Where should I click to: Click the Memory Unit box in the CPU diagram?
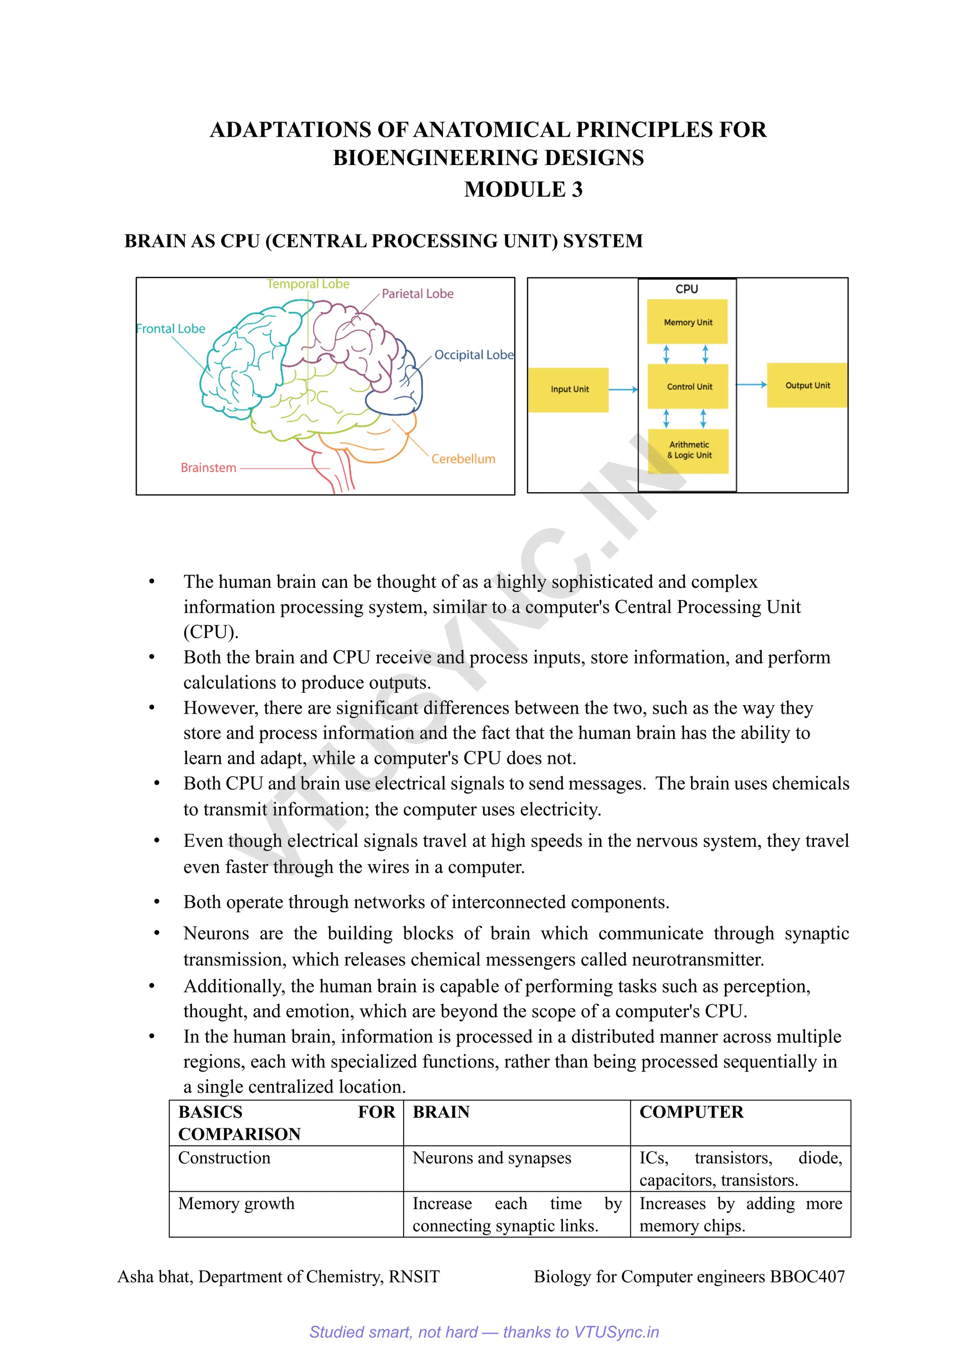(687, 322)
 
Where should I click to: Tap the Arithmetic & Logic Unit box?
(688, 451)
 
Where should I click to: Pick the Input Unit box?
(569, 390)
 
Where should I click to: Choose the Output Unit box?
(807, 385)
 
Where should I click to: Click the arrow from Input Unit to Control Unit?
(623, 390)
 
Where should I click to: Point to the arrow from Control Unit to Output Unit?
(752, 385)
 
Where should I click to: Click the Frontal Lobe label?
(171, 329)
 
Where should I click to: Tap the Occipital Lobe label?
(474, 355)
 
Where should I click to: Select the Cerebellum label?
(463, 459)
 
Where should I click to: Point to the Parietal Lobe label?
(417, 294)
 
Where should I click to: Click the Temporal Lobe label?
(308, 284)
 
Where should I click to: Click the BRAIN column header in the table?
(441, 1112)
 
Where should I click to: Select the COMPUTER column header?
(691, 1112)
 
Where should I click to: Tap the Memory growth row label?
(236, 1204)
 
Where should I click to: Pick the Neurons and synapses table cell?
(492, 1158)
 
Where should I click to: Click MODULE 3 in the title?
(523, 189)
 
